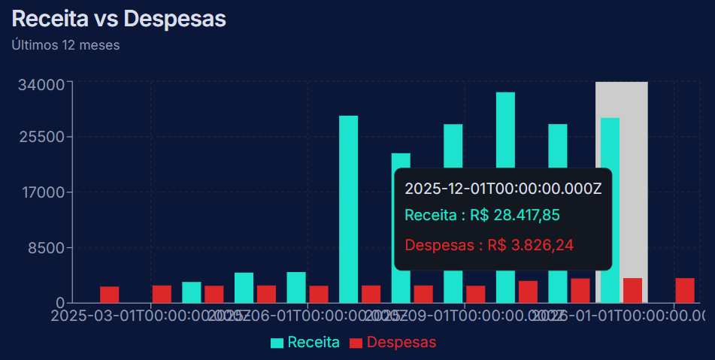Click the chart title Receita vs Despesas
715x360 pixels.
(119, 19)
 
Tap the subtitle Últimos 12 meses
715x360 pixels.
(65, 45)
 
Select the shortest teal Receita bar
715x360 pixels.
(192, 292)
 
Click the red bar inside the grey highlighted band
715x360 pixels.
(632, 290)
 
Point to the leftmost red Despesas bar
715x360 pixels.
(110, 294)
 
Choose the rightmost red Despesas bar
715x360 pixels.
(684, 290)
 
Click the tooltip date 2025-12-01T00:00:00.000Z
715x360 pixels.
(503, 188)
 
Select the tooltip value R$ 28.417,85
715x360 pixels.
(514, 216)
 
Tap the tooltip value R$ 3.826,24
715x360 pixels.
(532, 245)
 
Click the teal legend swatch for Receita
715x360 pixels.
(277, 343)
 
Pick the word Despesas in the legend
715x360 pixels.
(401, 343)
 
